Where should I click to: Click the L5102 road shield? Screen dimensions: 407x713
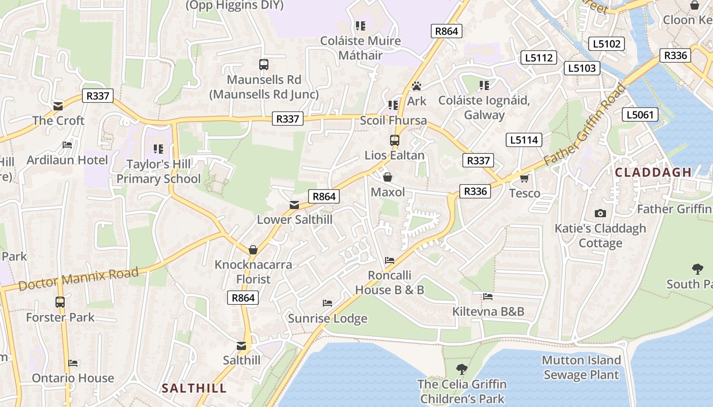coord(607,44)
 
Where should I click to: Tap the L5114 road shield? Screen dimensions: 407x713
coord(524,140)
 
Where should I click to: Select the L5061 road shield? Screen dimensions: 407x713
coord(640,114)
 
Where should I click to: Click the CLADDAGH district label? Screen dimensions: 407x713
coord(653,172)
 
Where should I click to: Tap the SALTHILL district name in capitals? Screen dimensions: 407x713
coord(194,389)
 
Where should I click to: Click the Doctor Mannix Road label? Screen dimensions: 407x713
coord(78,279)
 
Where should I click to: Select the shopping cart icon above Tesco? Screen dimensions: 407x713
coord(525,178)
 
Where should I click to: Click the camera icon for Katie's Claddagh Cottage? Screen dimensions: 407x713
coord(600,213)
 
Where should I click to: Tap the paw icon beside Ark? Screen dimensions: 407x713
coord(417,86)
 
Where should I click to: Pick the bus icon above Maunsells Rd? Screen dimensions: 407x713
coord(263,65)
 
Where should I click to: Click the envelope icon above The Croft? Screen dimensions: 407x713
coord(58,106)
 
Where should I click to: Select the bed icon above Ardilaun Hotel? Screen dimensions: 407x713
coord(67,145)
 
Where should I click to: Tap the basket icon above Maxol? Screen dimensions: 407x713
coord(388,177)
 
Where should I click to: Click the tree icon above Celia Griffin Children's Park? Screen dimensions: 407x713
coord(462,369)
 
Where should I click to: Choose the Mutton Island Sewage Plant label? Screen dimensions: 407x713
coord(581,368)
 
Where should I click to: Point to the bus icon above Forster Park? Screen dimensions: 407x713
coord(60,302)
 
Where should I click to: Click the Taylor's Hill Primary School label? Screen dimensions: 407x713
coord(159,171)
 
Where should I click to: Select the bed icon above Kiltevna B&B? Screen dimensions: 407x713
coord(488,296)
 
